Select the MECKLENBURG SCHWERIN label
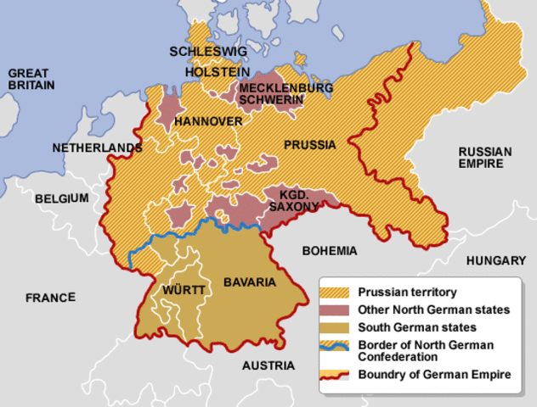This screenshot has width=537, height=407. click(x=274, y=94)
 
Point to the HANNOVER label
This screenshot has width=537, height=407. click(x=208, y=122)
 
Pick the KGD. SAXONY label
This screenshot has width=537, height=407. click(x=293, y=200)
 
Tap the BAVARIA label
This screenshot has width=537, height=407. click(x=250, y=282)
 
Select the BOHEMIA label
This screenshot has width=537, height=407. click(x=331, y=251)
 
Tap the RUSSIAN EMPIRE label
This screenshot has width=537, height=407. click(x=485, y=158)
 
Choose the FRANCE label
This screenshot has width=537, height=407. click(x=50, y=298)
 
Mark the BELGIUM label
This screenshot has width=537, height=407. click(x=62, y=198)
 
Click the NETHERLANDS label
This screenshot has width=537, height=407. click(x=97, y=148)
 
